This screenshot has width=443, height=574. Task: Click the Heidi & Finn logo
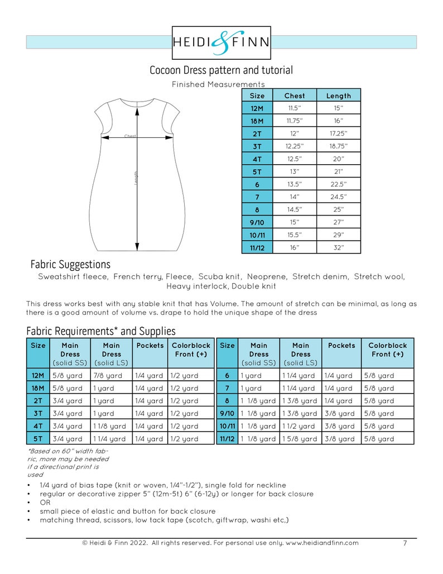(221, 42)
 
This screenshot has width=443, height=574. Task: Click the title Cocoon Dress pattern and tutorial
(221, 70)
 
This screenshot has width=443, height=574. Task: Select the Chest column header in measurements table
(295, 95)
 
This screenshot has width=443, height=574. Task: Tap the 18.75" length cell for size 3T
(339, 146)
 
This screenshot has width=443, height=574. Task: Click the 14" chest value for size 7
(295, 197)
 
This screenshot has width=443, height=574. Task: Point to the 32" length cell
(339, 248)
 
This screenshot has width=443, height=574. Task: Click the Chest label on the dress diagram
(130, 136)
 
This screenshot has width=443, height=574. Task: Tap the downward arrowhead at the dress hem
(137, 247)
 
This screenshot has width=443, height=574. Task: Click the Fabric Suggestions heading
(70, 264)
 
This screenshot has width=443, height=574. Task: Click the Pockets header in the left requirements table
(150, 346)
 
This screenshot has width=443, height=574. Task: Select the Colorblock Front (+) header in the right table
(387, 350)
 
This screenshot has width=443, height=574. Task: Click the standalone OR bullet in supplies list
(45, 503)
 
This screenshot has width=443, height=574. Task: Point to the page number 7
(405, 543)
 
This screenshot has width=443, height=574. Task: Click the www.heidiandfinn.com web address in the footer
(322, 543)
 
